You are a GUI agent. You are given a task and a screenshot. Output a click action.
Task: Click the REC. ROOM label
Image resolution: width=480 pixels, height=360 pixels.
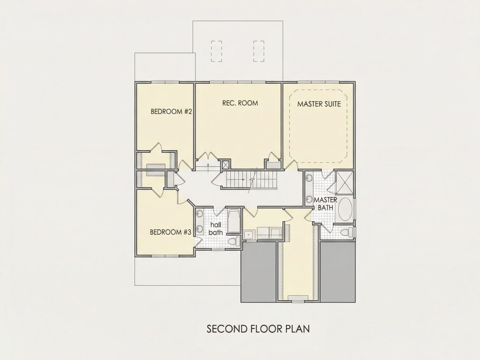point(240,103)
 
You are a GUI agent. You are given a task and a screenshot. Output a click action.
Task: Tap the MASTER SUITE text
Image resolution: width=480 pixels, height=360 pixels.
point(319,104)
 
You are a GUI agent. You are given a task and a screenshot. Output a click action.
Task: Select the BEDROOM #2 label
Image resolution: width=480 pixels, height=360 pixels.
point(171,111)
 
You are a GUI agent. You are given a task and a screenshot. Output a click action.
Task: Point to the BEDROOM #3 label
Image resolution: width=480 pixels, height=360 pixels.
point(171,232)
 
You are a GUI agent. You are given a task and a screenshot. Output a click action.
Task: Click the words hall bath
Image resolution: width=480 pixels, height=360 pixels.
point(216,229)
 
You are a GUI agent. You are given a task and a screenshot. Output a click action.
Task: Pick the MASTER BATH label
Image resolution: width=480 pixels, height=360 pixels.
point(326,204)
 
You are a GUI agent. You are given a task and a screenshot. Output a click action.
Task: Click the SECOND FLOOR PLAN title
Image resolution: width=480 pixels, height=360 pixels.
point(258,329)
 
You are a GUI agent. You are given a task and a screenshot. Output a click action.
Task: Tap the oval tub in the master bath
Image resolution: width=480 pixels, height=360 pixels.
point(346,209)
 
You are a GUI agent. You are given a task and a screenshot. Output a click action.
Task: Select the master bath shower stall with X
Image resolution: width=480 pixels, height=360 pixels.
point(344,182)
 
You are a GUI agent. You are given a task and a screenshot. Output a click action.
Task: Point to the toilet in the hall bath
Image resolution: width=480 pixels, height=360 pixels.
point(234,241)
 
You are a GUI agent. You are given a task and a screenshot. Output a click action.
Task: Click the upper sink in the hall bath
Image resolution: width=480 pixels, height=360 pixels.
point(199,213)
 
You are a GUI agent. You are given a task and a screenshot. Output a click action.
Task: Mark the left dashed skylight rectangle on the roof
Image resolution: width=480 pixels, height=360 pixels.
point(216,51)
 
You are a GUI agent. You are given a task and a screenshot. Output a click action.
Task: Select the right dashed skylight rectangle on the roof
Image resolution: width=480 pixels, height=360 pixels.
point(259,51)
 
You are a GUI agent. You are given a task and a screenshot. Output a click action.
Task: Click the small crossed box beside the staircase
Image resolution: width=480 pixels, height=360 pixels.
point(226,165)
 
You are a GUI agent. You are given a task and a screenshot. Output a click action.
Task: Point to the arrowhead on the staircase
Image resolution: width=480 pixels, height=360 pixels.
point(243,179)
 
